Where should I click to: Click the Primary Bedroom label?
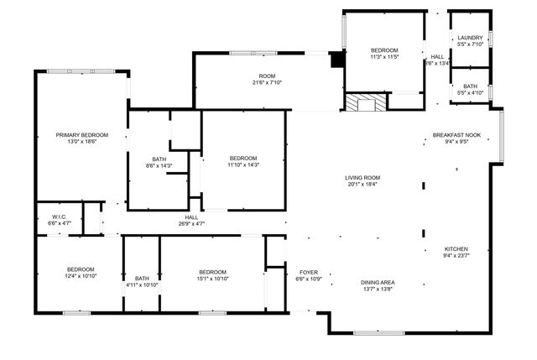82,135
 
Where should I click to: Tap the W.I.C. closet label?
59,217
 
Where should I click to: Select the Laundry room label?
470,38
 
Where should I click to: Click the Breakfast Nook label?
456,135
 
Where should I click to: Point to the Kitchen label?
456,248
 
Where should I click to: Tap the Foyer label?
304,272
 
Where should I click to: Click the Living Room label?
362,177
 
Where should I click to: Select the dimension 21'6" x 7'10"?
268,82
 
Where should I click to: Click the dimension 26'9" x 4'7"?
191,224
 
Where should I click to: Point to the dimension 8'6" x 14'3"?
159,165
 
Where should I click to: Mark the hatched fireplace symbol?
365,103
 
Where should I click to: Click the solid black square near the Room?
337,60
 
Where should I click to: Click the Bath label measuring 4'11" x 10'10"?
142,279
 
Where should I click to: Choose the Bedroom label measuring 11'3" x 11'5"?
384,50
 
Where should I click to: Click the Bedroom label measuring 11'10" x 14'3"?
243,158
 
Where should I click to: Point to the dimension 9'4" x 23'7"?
456,255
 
